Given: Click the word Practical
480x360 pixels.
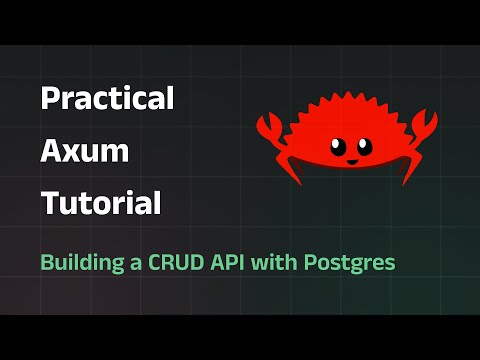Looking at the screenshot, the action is (x=107, y=97).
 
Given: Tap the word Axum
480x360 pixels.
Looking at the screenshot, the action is (x=85, y=151).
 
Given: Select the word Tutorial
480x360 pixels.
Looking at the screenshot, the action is (x=101, y=202).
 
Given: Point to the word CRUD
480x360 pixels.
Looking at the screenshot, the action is (x=176, y=263).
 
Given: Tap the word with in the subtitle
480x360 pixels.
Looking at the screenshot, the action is (x=274, y=262).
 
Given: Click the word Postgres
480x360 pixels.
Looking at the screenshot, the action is (x=349, y=263).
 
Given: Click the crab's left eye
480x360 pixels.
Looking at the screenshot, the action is (x=338, y=147).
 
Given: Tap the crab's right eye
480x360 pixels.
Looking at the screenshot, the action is (x=364, y=146).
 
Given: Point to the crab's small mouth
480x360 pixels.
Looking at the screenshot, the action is (x=352, y=162).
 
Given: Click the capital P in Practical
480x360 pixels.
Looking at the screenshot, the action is (x=50, y=98).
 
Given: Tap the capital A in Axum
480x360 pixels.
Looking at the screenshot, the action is (x=52, y=151).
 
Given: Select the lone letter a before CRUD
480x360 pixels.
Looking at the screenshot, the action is (x=136, y=264).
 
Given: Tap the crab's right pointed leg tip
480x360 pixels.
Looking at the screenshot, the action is (x=404, y=184).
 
